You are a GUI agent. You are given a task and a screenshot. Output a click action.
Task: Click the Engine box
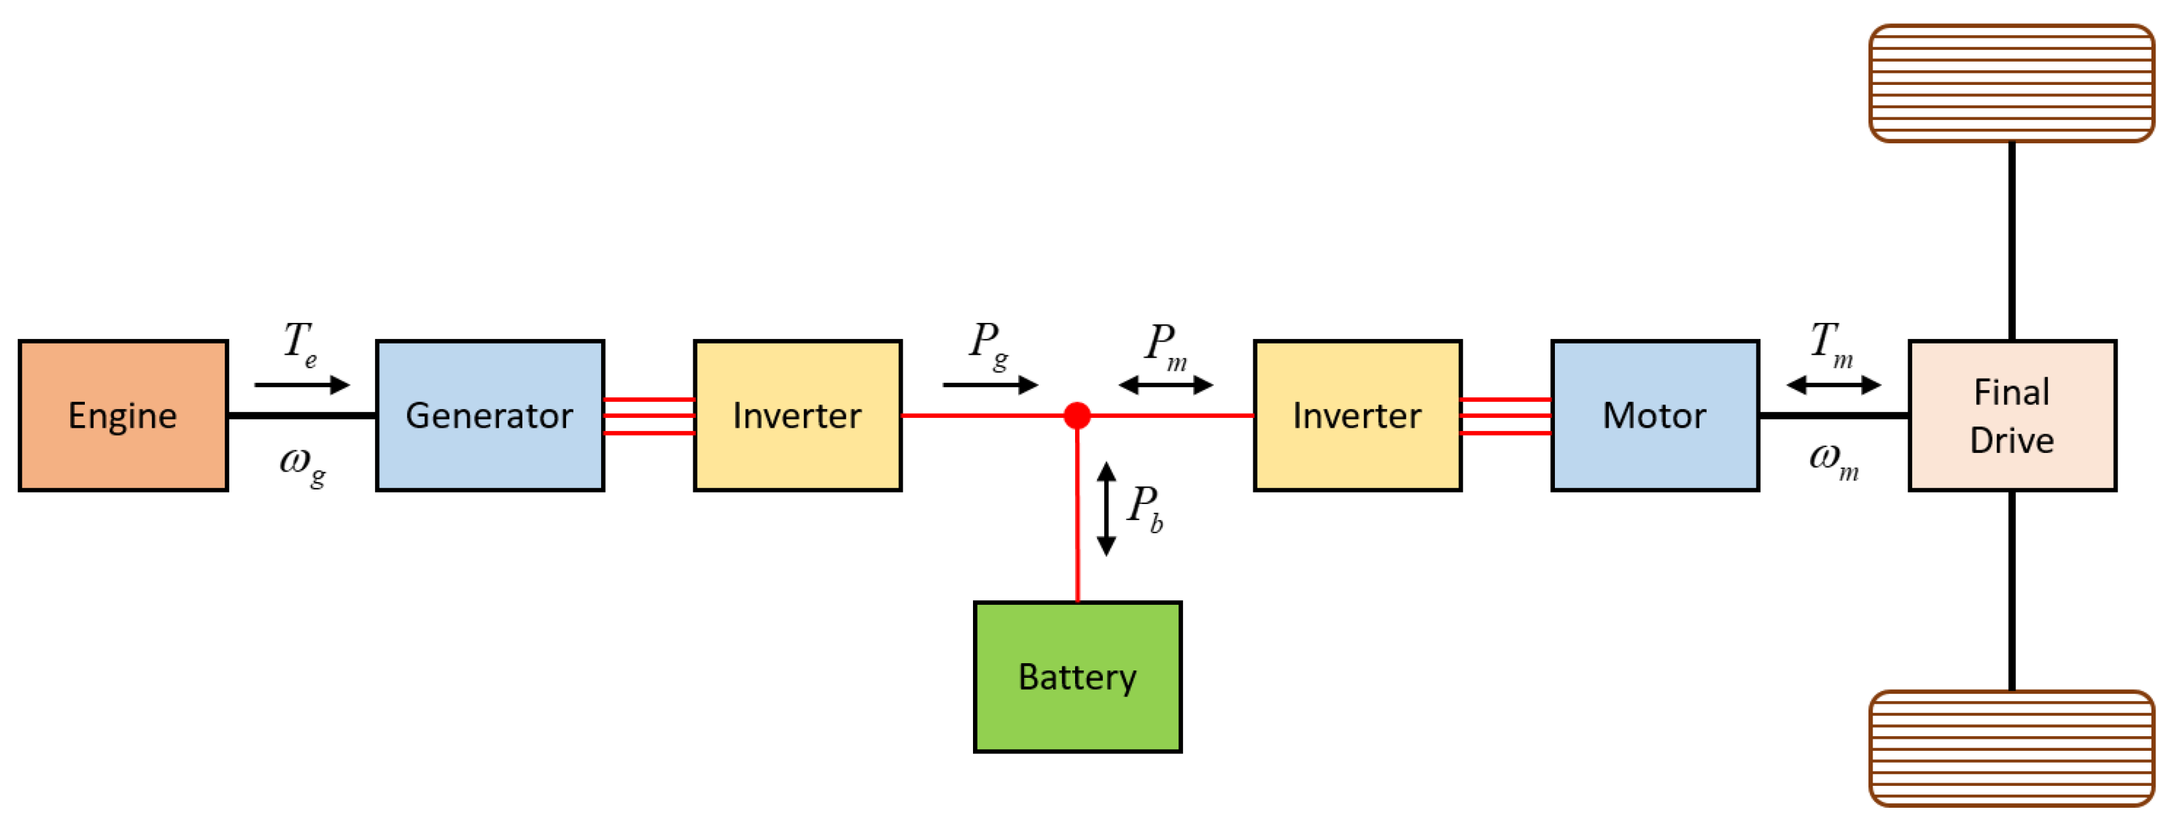point(123,416)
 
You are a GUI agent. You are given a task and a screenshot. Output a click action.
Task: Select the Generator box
point(490,416)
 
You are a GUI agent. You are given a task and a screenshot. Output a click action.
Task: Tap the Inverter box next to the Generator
point(797,416)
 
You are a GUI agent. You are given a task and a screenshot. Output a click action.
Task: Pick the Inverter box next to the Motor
point(1357,416)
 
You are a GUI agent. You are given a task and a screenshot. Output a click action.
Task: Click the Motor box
point(1654,416)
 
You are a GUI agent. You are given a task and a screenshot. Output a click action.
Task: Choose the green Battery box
point(1078,676)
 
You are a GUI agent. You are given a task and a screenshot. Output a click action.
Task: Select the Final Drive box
point(2012,416)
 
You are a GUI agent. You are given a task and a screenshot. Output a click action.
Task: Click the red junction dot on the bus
point(1077,415)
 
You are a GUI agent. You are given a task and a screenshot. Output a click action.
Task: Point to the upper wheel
point(2012,84)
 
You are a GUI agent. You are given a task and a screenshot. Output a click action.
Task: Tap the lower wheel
point(2012,748)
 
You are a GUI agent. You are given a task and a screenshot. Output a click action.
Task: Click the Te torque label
point(300,344)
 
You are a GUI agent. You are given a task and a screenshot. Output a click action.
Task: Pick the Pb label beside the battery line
point(1145,508)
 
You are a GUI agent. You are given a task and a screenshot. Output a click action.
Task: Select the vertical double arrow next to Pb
point(1106,509)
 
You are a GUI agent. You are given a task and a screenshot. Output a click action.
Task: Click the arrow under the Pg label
point(990,385)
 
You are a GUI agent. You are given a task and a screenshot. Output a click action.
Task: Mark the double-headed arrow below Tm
point(1833,385)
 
